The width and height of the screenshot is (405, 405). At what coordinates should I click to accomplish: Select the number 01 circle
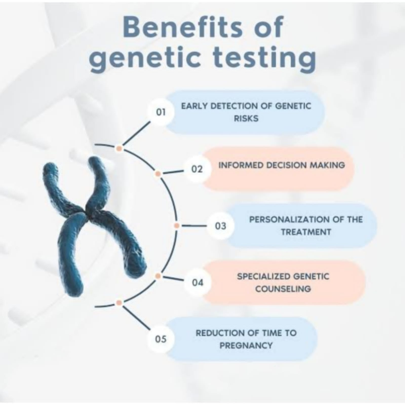tap(161, 112)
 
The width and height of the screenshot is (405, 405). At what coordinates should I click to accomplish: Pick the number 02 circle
tap(197, 169)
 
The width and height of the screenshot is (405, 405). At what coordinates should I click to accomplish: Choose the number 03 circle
tap(220, 225)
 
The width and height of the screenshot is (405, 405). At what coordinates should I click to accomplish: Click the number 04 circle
tap(197, 282)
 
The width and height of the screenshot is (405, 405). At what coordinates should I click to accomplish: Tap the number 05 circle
tap(161, 339)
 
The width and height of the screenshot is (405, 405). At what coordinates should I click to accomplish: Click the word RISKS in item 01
tap(246, 119)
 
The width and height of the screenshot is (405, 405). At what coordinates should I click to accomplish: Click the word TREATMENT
tap(306, 232)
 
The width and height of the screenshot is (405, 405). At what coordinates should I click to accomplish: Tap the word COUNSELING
tap(283, 289)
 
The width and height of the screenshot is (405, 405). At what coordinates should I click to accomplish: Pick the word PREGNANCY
tap(246, 345)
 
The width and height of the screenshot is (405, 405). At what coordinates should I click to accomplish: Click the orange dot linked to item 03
tap(177, 225)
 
